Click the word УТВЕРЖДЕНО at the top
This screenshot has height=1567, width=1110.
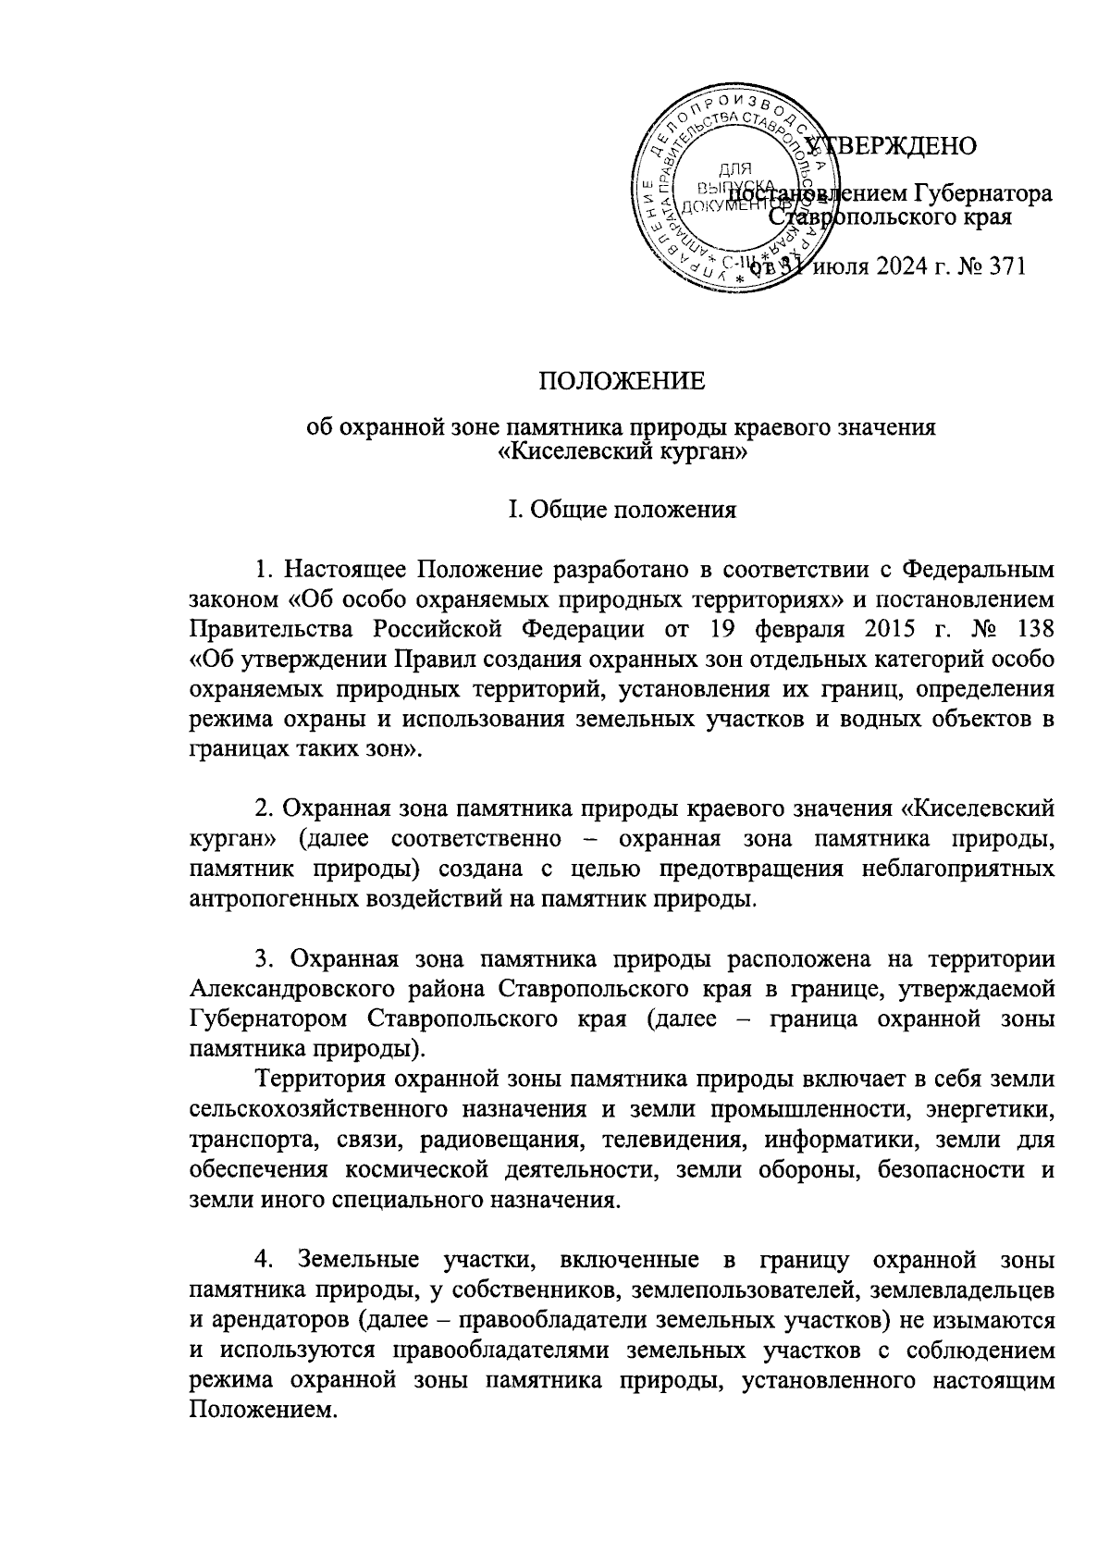click(894, 145)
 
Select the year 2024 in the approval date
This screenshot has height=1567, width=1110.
click(906, 268)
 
